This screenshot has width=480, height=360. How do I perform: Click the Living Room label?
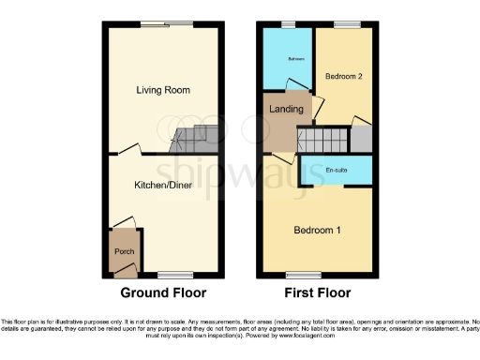163,90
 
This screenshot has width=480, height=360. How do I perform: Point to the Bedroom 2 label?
342,77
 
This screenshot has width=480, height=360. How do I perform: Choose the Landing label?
286,110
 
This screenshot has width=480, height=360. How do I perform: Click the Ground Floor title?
163,292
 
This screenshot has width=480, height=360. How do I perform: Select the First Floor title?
317,292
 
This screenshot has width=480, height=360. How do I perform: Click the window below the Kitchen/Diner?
171,276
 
